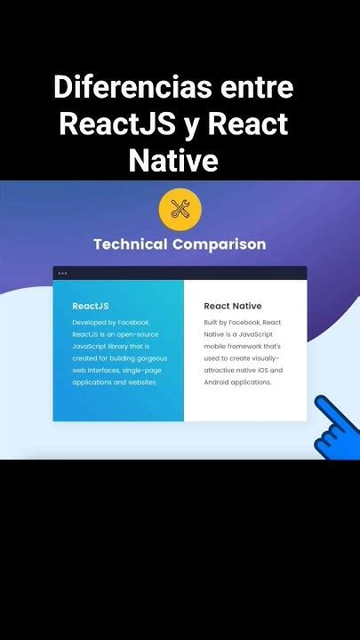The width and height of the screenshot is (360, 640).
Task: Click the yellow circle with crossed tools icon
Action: tap(180, 210)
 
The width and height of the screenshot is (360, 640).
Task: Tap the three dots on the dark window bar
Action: tap(62, 273)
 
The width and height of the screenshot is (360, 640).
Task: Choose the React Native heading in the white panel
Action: tap(232, 306)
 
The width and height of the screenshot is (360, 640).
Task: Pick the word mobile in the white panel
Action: tap(219, 346)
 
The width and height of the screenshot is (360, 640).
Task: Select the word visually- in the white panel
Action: tap(262, 358)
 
